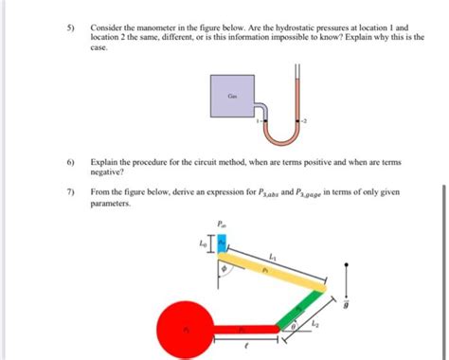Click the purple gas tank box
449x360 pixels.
point(232,97)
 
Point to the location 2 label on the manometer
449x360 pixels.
point(306,122)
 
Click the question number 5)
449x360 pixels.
point(69,29)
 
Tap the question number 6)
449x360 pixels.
point(69,163)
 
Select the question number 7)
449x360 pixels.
point(69,192)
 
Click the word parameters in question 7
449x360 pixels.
point(111,204)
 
